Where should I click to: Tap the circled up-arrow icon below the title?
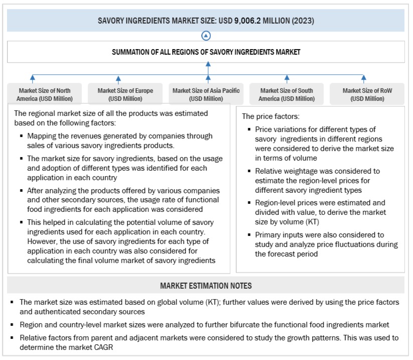coord(206,36)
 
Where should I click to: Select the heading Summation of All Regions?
coord(206,52)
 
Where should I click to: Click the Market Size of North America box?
coord(45,94)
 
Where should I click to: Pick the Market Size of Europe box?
coord(125,94)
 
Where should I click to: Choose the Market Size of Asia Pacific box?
coord(206,94)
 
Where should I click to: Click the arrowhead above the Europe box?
coord(118,78)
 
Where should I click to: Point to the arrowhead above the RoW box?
coord(364,78)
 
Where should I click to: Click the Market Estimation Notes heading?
coord(206,286)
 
